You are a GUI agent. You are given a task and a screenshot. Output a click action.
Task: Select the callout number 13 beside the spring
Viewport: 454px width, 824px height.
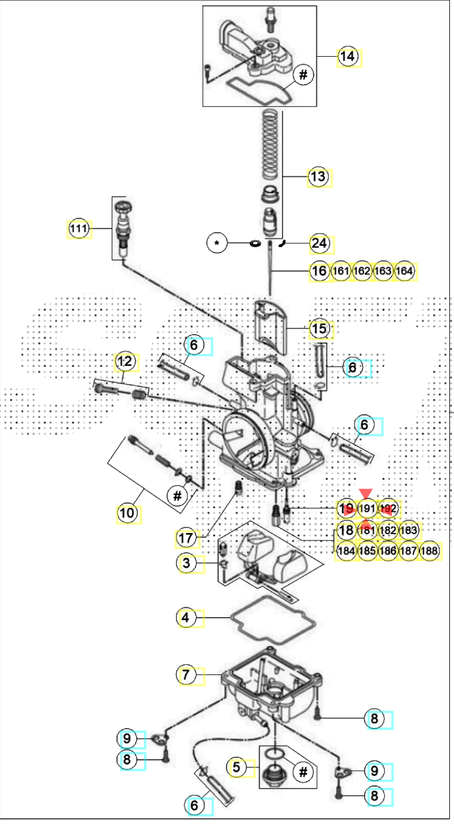318,176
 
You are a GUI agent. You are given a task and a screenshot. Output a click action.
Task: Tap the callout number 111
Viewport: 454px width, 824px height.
78,228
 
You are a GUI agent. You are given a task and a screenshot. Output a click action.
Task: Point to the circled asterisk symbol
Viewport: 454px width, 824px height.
218,243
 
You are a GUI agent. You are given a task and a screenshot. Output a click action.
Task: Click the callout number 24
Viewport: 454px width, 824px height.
319,243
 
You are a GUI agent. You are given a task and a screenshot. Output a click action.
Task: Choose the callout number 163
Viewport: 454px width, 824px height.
383,271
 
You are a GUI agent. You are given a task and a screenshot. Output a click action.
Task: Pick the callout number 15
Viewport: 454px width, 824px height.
319,329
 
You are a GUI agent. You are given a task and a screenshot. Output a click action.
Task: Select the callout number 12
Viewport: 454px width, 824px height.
125,361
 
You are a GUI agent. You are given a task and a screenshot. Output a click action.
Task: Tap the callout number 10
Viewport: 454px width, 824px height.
127,514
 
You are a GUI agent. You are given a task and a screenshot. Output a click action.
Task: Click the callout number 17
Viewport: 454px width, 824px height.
187,538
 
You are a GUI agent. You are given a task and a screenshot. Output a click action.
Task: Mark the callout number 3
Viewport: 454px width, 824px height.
187,564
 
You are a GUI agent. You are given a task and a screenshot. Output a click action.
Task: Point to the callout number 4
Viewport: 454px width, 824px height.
187,618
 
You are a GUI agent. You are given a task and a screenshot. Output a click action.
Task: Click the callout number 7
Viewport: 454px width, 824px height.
187,675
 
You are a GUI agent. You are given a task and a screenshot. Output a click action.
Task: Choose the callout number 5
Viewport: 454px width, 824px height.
237,767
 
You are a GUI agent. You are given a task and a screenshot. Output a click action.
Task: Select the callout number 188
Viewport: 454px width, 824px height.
430,551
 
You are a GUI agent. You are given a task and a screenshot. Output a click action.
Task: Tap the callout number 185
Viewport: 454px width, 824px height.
367,551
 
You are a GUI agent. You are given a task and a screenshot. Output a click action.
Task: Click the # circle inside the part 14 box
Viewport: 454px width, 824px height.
303,75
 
